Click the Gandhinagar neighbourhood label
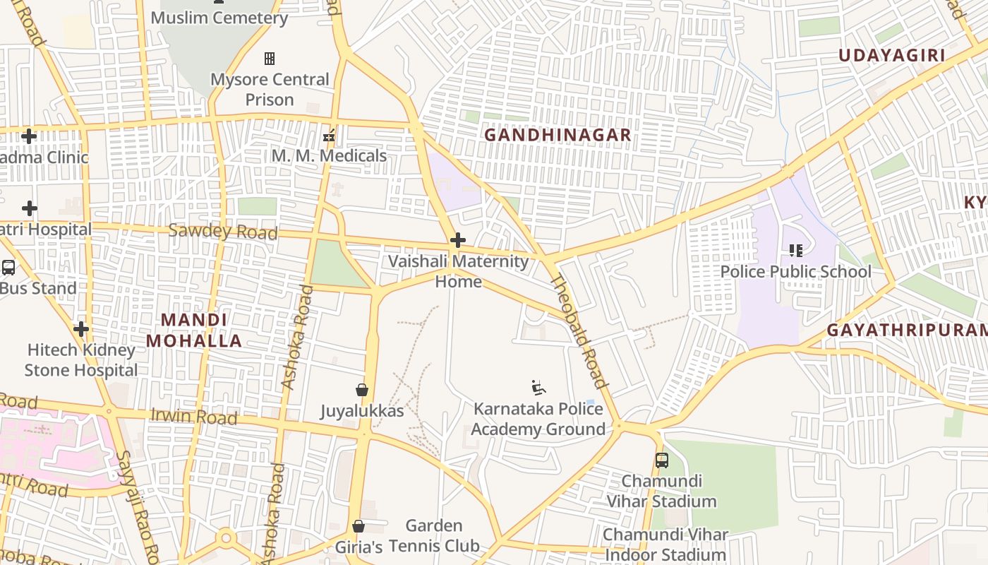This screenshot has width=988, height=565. tap(557, 134)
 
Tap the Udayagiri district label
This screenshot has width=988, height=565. tap(891, 56)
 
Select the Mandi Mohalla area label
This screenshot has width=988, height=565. tap(194, 331)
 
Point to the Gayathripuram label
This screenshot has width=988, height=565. tap(907, 330)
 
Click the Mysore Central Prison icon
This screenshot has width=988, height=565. tap(269, 59)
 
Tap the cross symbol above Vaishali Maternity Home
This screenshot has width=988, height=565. tap(458, 240)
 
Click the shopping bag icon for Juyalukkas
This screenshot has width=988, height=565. tap(362, 390)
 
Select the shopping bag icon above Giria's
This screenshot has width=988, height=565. tap(359, 526)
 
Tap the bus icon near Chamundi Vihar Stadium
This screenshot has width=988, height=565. tap(662, 460)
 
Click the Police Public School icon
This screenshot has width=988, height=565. tap(796, 250)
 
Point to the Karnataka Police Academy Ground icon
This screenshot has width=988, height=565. tap(538, 387)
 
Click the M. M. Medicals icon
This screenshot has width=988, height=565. tap(329, 135)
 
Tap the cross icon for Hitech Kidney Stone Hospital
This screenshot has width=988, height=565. tap(81, 328)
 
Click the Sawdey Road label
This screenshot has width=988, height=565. tap(223, 231)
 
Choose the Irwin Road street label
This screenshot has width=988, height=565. tap(194, 416)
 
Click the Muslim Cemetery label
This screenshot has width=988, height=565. tap(219, 18)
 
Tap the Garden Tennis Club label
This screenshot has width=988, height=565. tap(434, 535)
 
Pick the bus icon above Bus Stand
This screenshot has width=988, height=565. tap(8, 268)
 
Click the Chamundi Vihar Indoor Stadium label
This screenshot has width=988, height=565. tap(665, 545)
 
